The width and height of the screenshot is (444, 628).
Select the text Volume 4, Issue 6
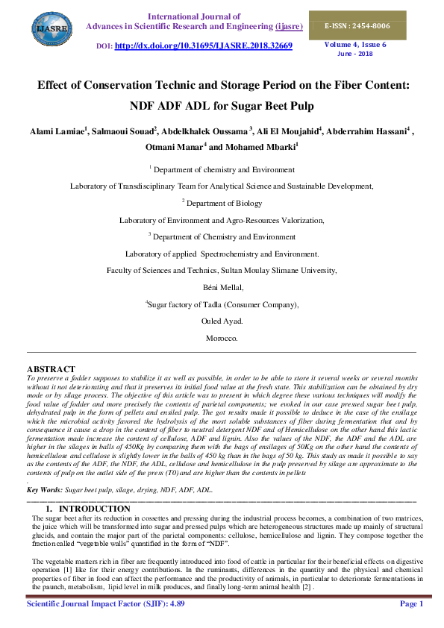354,44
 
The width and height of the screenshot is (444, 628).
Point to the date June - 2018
354,54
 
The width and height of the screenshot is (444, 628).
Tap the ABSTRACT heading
51,369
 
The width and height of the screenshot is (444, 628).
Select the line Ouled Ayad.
222,321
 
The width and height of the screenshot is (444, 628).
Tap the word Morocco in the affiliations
222,338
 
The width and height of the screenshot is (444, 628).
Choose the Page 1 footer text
411,603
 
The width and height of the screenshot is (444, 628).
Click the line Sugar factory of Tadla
224,304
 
